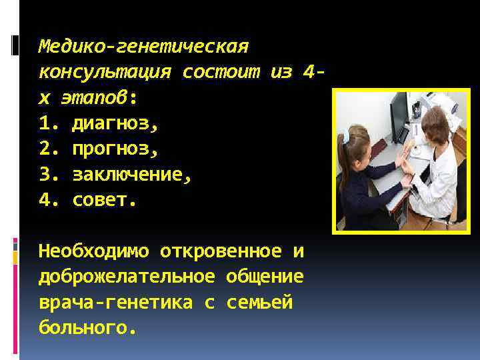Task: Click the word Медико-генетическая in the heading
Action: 143,47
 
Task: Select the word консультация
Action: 104,71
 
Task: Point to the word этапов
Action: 93,97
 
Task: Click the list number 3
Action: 45,175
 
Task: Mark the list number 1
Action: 45,123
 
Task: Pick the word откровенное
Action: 221,251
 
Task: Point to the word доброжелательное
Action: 127,277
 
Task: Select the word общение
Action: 265,277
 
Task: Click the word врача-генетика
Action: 115,302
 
